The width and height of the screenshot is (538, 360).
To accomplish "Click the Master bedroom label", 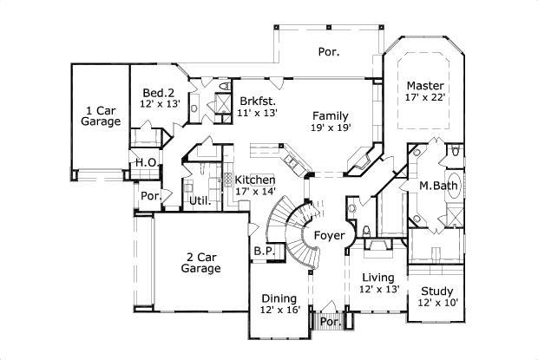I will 425,86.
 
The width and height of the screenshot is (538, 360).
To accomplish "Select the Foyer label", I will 329,235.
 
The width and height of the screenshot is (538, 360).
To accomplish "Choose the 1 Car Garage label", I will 101,116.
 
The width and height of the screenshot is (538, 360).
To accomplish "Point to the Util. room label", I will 201,201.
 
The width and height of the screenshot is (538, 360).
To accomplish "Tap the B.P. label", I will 264,252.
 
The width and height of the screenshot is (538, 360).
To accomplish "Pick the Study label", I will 437,291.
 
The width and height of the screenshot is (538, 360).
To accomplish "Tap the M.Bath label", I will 438,186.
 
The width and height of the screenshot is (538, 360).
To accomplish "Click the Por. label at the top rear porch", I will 328,52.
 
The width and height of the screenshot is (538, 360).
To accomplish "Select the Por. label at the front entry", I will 330,321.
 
